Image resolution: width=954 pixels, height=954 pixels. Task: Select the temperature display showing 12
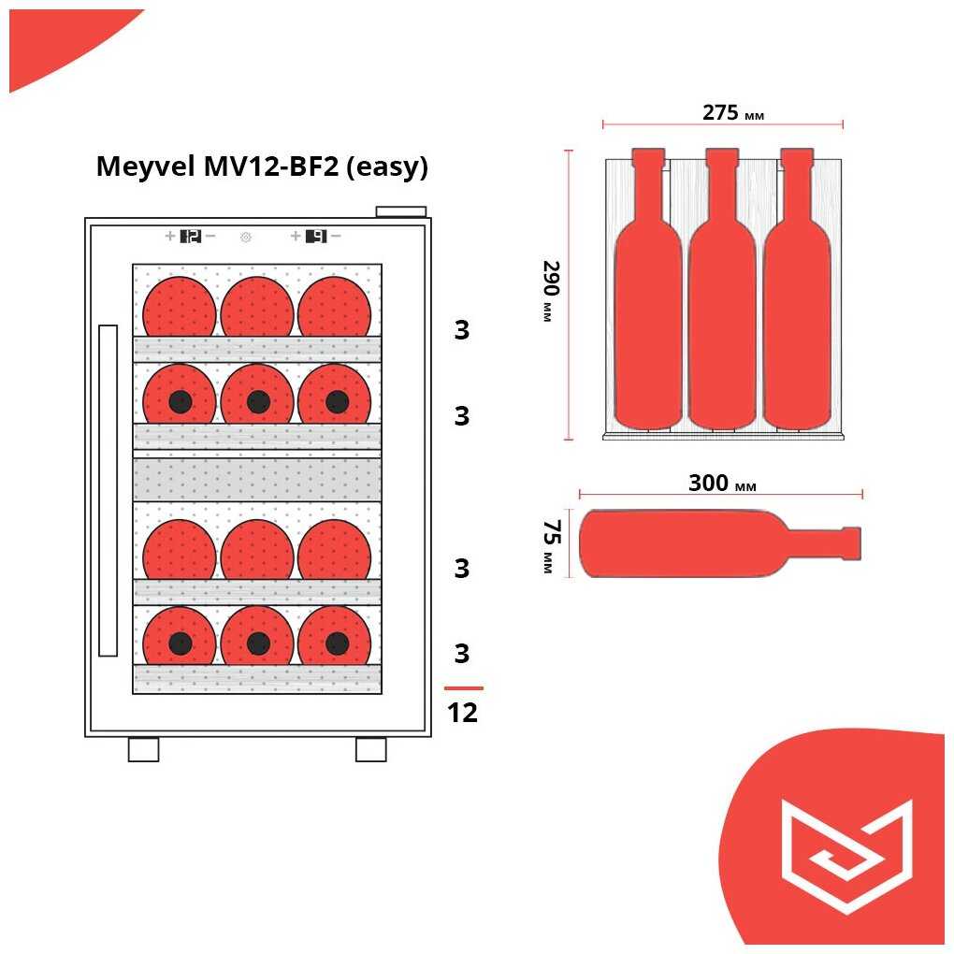[190, 237]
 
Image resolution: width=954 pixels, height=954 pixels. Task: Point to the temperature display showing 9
[316, 237]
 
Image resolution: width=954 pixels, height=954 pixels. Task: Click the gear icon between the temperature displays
[246, 238]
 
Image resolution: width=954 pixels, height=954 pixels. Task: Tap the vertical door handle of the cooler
[108, 490]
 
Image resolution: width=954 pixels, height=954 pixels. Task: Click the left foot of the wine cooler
[143, 749]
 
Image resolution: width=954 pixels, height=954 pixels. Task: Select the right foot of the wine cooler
[370, 749]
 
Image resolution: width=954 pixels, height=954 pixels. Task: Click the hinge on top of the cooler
[400, 211]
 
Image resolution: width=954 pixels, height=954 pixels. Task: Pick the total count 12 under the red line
[462, 713]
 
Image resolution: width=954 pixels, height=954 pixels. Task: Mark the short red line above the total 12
[463, 688]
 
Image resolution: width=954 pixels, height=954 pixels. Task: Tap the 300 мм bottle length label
[721, 484]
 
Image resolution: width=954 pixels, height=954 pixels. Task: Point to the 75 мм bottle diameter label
[549, 545]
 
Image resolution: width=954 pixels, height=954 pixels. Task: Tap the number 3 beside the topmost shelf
[461, 331]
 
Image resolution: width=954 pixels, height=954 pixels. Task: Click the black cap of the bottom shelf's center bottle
[258, 643]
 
